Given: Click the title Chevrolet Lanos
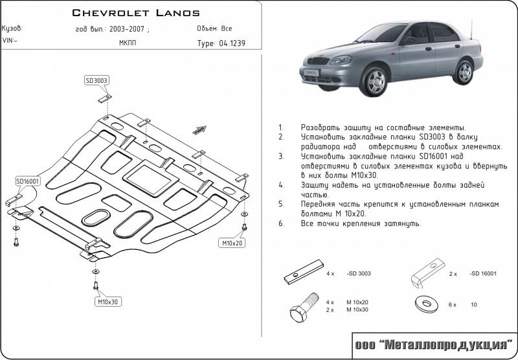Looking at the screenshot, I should click(x=135, y=12).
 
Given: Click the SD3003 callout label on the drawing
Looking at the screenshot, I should click(x=96, y=80).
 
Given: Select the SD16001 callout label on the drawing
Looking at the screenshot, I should click(x=28, y=181).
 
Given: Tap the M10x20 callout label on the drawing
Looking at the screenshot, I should click(x=231, y=243).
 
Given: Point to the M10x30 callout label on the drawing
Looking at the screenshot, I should click(x=109, y=302).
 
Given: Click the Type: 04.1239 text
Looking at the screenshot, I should click(x=221, y=43).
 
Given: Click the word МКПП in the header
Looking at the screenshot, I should click(x=128, y=43).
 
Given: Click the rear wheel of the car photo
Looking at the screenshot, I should click(x=464, y=71).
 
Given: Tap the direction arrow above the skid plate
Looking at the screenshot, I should click(x=199, y=129).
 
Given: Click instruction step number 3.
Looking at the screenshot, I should click(x=280, y=156).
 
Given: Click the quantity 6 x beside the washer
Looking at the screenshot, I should click(x=453, y=304).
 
